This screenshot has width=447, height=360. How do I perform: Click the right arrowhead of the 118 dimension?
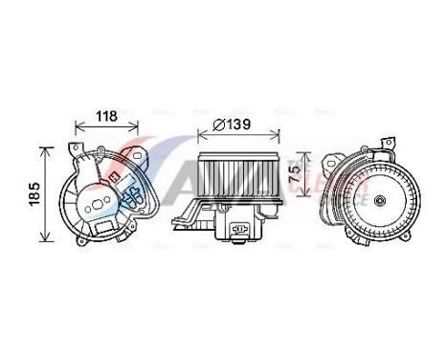pos(145,124)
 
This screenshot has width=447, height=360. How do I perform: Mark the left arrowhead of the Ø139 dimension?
pos(199,135)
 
